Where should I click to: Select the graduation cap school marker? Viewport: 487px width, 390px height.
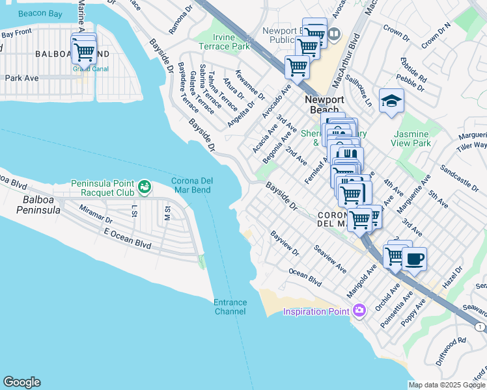(x=391, y=101)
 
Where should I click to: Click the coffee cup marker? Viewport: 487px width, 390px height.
(x=414, y=259)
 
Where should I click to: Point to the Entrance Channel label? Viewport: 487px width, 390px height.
(x=230, y=307)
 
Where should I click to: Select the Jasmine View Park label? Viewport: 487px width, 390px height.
(x=411, y=138)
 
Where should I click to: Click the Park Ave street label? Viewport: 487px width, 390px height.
(x=22, y=78)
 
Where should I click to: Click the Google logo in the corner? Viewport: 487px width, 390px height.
(x=21, y=382)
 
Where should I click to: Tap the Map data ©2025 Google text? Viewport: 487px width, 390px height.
(x=447, y=385)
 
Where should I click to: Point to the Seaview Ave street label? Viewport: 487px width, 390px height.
(x=330, y=257)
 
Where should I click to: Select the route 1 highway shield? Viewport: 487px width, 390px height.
(x=480, y=326)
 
